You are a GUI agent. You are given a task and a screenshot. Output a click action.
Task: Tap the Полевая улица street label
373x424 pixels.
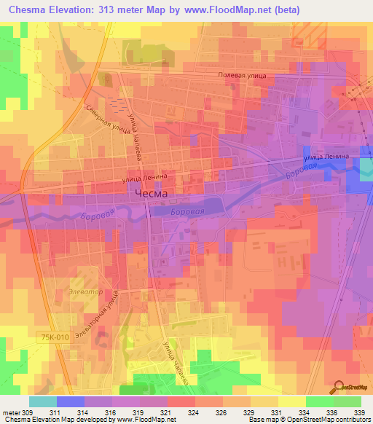242,76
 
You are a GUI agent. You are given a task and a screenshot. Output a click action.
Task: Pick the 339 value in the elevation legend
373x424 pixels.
360,412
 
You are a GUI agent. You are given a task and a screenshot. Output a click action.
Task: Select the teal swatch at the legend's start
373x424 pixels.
42,401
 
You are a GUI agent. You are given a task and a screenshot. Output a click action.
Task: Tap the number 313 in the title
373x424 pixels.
117,10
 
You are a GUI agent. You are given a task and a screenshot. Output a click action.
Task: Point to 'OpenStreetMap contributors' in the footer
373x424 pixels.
332,420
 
